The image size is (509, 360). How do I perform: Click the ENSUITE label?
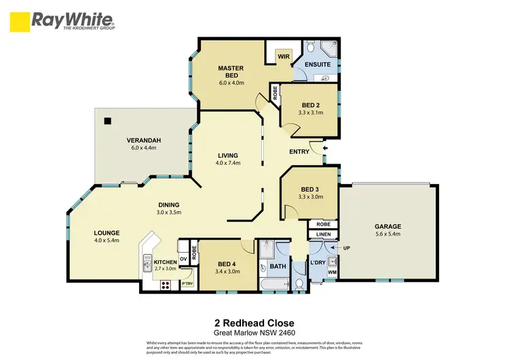point(318,65)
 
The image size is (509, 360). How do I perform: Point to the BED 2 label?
point(309,105)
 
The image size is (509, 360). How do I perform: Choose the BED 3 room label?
point(309,190)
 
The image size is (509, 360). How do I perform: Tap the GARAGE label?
point(389,226)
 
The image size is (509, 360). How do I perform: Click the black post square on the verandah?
point(107,122)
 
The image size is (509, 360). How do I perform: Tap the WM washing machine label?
point(332,273)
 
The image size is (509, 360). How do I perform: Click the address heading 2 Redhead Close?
point(254,323)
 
